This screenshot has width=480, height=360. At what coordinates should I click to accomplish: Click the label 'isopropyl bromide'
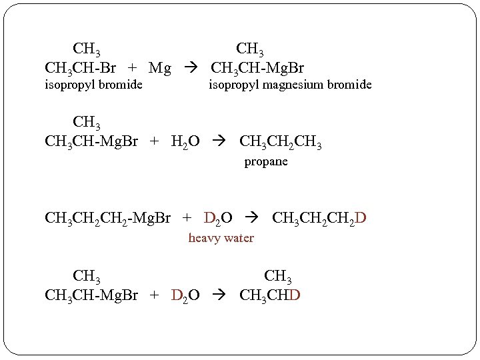(93, 85)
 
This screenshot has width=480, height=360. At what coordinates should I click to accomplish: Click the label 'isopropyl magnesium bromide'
(290, 85)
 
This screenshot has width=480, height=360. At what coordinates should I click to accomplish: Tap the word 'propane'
(266, 161)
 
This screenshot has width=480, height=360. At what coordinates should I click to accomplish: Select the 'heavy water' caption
(221, 238)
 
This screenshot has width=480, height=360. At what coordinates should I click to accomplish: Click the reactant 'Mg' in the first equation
(160, 67)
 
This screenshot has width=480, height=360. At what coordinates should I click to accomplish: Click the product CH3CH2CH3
(280, 142)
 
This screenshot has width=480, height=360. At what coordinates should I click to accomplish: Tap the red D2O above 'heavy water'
(218, 218)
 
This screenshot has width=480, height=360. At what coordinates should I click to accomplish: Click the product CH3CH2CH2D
(319, 218)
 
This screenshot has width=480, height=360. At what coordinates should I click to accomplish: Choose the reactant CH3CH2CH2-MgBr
(107, 218)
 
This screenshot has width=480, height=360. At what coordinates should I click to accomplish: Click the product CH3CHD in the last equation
(270, 294)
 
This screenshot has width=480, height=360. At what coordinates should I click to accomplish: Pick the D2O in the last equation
(185, 294)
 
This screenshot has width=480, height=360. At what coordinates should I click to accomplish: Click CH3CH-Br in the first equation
(82, 67)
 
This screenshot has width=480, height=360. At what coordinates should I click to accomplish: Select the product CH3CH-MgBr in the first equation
(257, 67)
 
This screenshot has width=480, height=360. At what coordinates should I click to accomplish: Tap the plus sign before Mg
(133, 67)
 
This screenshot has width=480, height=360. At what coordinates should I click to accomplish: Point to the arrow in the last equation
(219, 294)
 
